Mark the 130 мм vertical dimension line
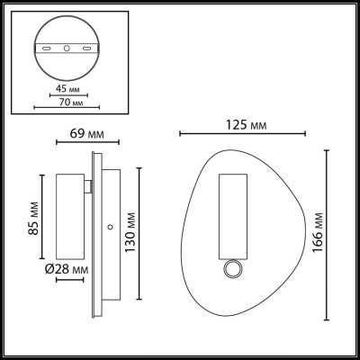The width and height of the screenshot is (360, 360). pos(140,231)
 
